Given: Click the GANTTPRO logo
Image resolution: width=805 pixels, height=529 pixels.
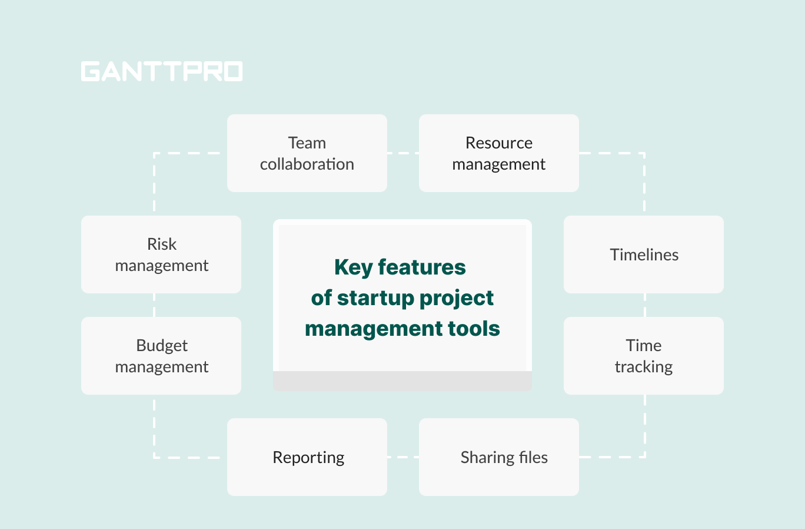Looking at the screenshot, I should point(162,71).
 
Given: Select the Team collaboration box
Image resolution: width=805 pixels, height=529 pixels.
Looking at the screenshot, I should point(307,153).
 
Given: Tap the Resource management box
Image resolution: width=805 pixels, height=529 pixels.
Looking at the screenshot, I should point(498,153).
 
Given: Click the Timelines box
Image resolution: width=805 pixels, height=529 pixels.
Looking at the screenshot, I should point(643,254).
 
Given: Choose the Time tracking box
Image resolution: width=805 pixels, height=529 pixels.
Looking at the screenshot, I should point(643,356).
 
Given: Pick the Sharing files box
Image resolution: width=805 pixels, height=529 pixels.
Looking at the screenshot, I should point(498,457).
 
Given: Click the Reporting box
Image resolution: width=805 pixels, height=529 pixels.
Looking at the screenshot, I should point(307,457).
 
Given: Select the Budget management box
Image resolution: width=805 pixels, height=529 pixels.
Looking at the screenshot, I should point(161,356).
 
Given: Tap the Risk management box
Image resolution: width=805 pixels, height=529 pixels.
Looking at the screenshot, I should point(161,254).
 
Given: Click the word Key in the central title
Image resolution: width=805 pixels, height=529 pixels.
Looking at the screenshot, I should point(353,267).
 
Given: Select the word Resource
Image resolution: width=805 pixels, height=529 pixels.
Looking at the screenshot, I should point(498,143).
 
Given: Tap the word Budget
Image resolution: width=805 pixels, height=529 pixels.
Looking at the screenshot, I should point(162,346).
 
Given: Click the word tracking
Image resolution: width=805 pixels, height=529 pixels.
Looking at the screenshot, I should point(643,366).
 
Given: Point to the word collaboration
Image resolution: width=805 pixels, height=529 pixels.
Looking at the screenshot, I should point(307,164).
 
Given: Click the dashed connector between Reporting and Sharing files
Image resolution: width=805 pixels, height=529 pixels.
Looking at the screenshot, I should point(403,457).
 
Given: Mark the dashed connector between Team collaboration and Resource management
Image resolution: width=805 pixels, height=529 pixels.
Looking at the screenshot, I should point(403,153).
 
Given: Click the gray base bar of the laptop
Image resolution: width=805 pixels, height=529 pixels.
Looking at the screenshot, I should point(402,381).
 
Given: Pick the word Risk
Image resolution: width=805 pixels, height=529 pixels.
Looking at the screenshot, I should point(162,244).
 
